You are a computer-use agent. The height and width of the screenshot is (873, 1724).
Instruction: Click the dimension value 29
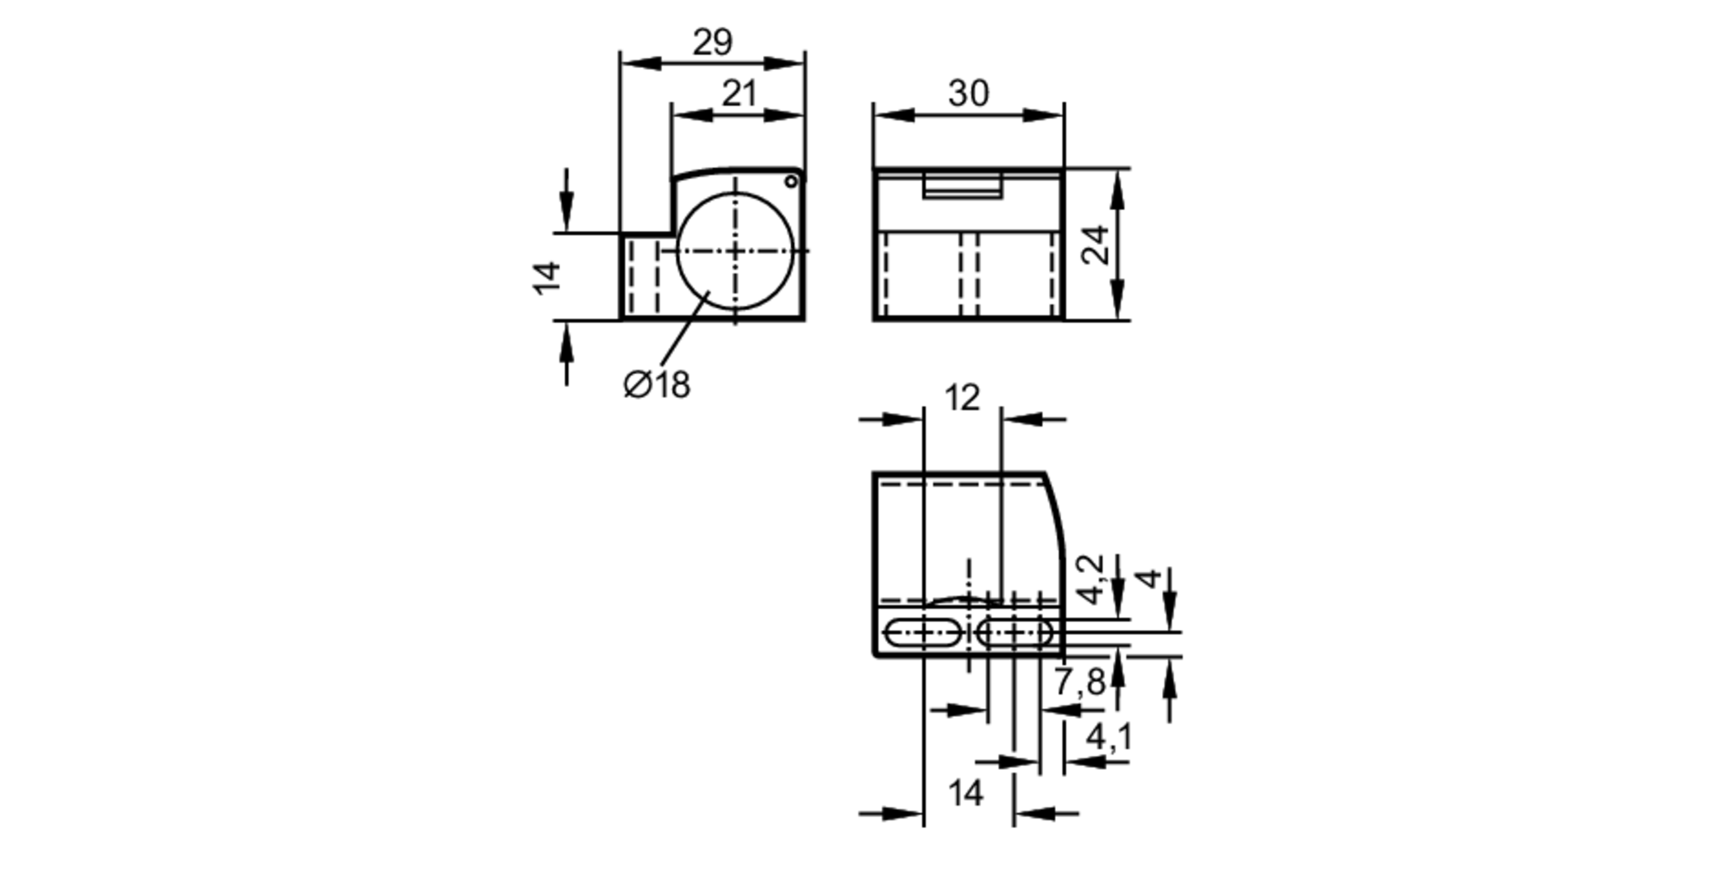click(712, 41)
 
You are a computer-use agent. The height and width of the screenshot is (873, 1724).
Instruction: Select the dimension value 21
click(739, 93)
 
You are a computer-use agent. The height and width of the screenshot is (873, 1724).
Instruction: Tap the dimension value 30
click(968, 93)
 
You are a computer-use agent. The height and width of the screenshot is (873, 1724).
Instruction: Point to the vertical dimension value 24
click(1095, 245)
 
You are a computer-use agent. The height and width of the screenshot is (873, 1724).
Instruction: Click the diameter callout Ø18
click(657, 384)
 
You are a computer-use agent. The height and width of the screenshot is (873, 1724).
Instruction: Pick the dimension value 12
click(962, 398)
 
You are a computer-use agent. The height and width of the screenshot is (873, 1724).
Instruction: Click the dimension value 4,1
click(1109, 737)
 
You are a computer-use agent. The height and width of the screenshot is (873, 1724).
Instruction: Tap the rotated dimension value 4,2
click(1091, 579)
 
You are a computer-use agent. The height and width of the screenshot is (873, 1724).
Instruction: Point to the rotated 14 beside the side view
click(547, 277)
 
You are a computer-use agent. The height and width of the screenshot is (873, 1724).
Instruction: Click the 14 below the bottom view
click(965, 793)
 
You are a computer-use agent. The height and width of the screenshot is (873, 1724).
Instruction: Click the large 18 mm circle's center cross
click(734, 251)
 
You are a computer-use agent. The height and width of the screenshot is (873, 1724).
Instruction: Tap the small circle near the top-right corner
click(790, 181)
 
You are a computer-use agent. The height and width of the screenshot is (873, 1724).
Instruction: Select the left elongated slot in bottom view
click(922, 633)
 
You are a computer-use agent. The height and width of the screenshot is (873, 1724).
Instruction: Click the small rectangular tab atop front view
click(962, 186)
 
